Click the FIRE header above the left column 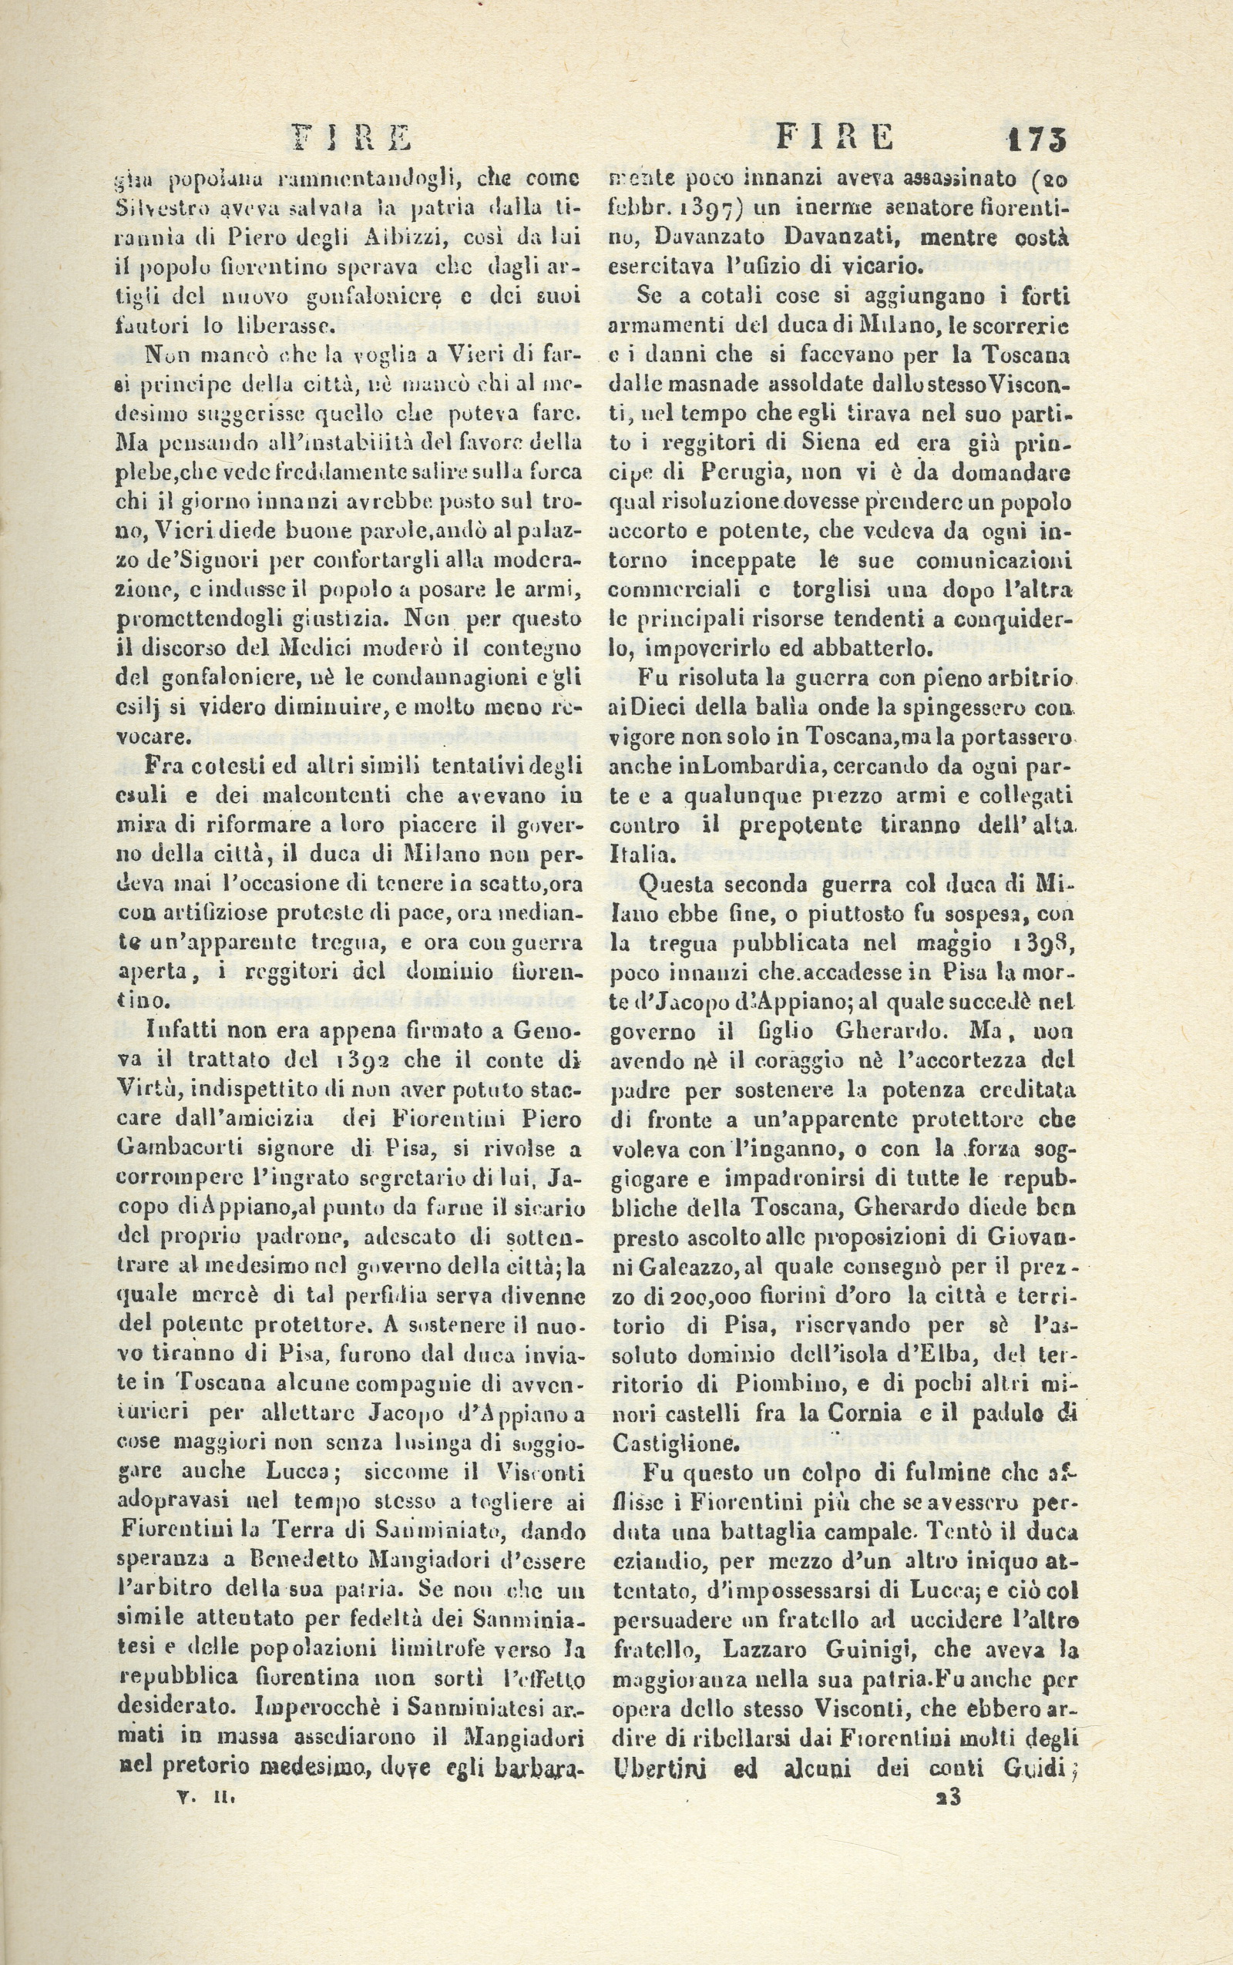click(353, 138)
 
